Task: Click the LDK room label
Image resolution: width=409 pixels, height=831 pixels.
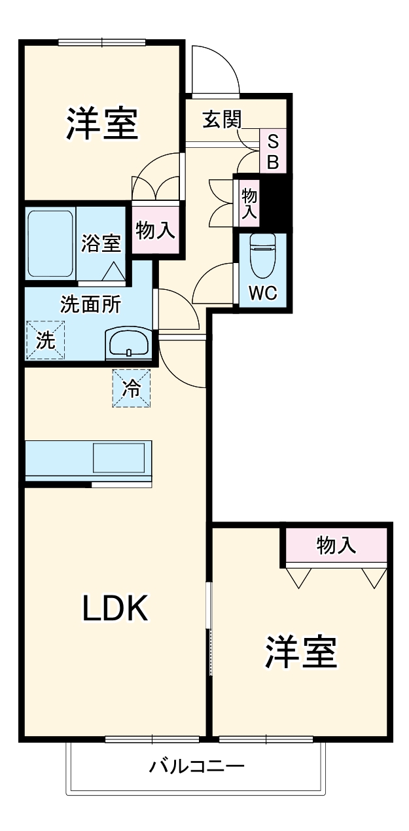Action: pos(116,609)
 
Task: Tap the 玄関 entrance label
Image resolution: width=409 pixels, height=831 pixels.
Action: pos(221,119)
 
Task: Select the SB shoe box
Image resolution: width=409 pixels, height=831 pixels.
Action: pos(273,151)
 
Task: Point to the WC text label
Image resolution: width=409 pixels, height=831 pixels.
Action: pos(262,293)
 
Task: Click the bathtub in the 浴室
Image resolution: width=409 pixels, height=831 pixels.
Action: pos(50,243)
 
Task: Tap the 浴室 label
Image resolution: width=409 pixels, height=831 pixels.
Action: pos(101,243)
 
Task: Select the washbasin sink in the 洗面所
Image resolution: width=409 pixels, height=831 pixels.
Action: pos(128,342)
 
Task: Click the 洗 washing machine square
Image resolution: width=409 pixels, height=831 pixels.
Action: pos(45,340)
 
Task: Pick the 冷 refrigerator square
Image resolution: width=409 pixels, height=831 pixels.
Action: pos(132,389)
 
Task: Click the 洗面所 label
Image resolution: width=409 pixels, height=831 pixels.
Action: pos(90,304)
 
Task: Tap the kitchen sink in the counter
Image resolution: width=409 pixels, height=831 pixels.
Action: pos(118,457)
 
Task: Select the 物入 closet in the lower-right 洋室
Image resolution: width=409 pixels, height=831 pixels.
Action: pos(336,545)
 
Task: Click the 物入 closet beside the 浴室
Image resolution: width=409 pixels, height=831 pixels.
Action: pos(155,230)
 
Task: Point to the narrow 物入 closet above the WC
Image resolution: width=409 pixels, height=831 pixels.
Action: pos(249,203)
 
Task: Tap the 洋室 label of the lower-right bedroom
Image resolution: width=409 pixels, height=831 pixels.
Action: pos(301,651)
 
